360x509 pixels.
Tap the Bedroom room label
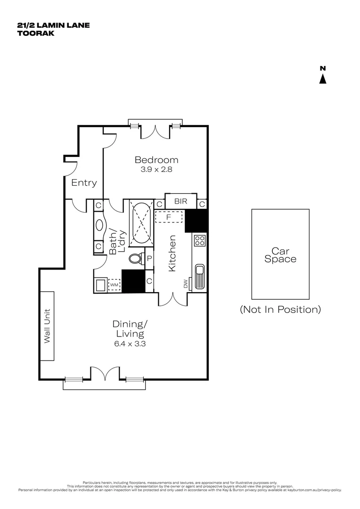(x=156, y=160)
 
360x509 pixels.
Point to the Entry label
(x=84, y=183)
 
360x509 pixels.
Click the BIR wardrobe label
(x=180, y=201)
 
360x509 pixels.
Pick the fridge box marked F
(x=168, y=217)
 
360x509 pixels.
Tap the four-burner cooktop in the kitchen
(x=199, y=240)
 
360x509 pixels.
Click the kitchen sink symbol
(x=199, y=277)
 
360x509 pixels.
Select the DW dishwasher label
(x=186, y=284)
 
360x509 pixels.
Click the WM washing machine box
(x=115, y=285)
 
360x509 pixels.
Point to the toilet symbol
(x=135, y=259)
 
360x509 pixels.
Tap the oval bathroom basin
(x=99, y=225)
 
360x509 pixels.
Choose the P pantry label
(x=149, y=258)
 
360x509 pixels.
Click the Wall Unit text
(x=47, y=326)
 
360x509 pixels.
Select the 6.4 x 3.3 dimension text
(x=130, y=344)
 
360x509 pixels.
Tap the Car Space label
(x=280, y=255)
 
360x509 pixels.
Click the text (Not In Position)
(x=280, y=310)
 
